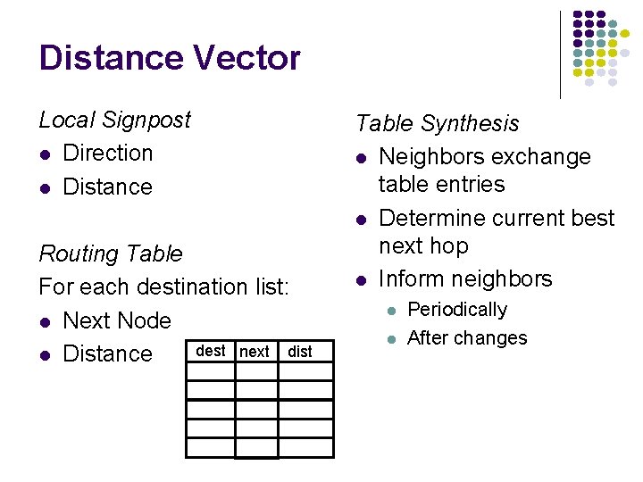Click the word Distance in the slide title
[108, 59]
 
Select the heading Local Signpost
[114, 120]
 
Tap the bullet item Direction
[108, 153]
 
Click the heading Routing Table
[110, 253]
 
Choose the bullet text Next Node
[117, 320]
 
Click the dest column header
[210, 351]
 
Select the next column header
[255, 352]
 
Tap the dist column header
[300, 352]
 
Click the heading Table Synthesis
[437, 123]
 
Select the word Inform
[405, 278]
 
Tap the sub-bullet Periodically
[456, 310]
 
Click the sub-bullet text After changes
[466, 338]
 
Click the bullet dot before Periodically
[389, 311]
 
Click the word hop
[450, 245]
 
